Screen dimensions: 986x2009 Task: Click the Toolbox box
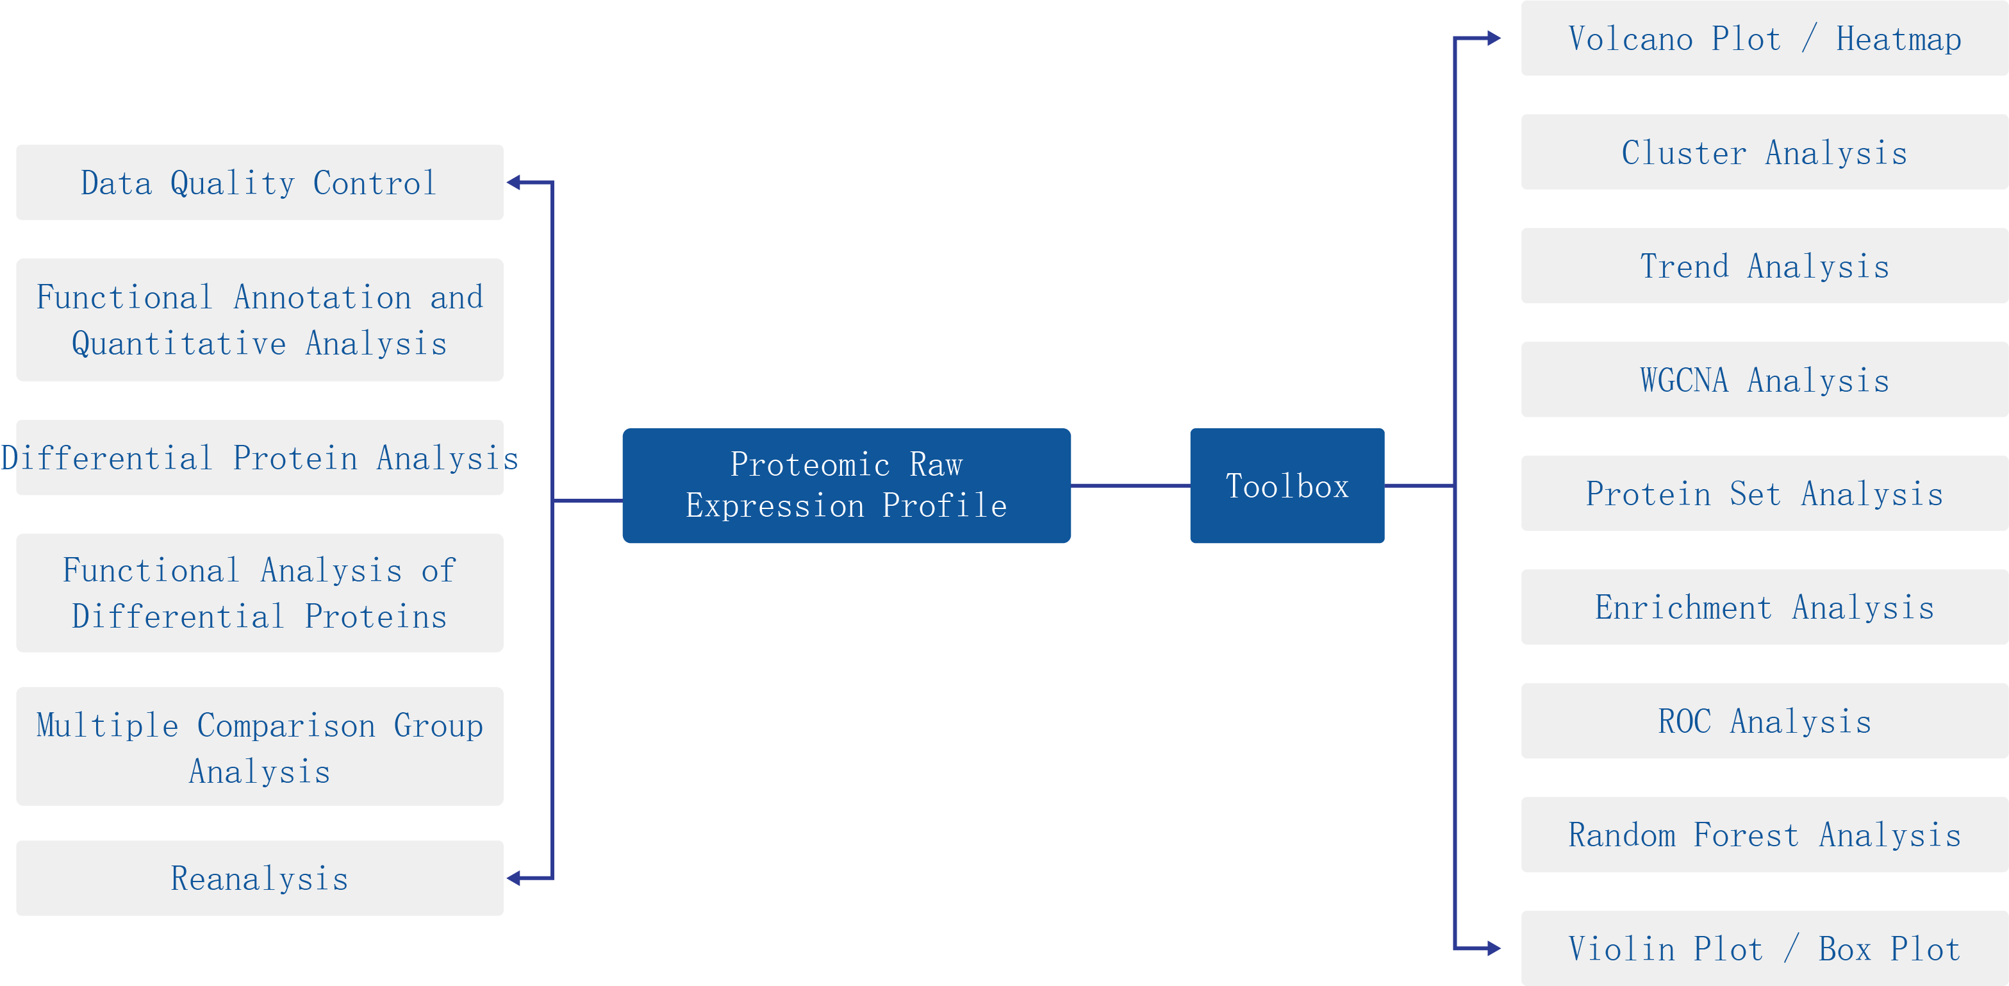coord(1287,485)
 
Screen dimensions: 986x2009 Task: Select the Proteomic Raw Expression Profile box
coord(846,485)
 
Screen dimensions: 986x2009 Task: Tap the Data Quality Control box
coord(259,183)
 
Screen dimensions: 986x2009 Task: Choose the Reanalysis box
coord(259,878)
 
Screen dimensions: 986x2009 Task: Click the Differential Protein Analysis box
coord(259,458)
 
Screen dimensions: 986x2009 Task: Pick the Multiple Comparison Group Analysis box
coord(259,746)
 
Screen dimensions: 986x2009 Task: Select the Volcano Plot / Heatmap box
coord(1764,38)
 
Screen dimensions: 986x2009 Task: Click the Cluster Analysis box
coord(1764,152)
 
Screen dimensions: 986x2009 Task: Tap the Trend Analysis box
coord(1764,266)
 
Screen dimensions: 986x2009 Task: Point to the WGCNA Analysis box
coord(1764,380)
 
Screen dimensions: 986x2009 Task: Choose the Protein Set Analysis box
coord(1764,493)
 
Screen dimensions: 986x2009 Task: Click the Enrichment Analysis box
coord(1764,607)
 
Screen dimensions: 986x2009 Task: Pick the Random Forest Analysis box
coord(1764,835)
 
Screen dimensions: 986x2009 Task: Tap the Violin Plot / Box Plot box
coord(1764,949)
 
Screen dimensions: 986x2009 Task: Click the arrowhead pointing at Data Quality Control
coord(514,183)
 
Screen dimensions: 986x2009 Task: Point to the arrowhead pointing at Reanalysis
coord(514,878)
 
